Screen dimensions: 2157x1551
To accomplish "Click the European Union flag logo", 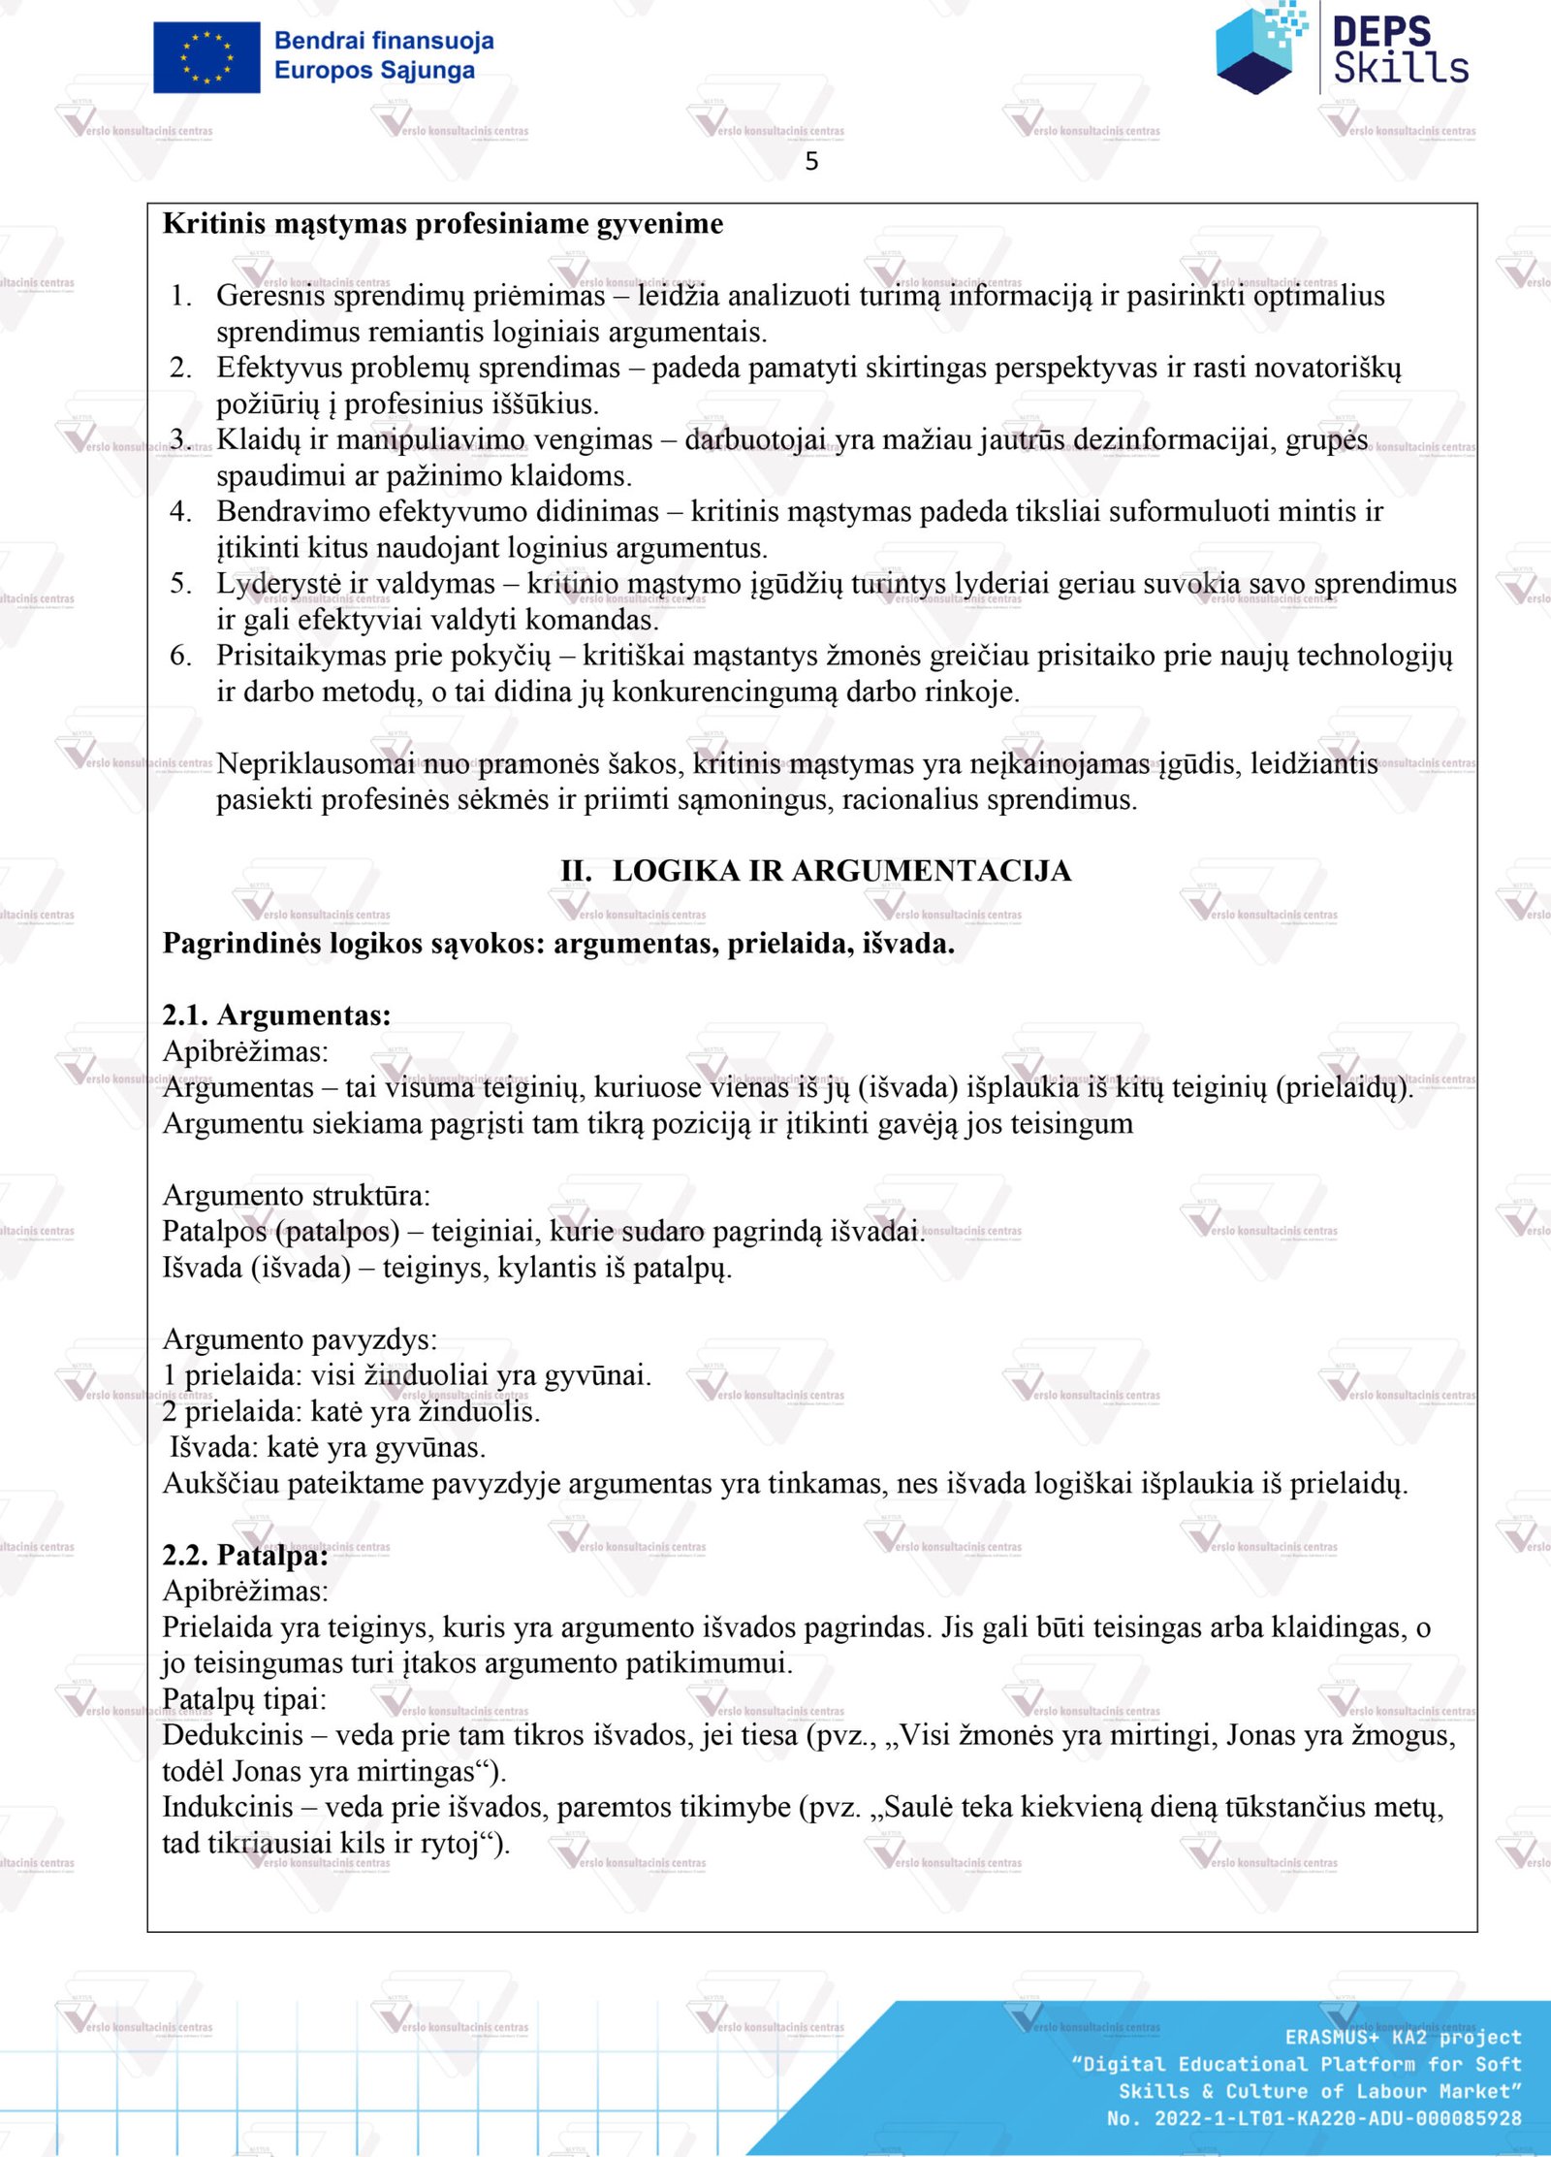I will (206, 57).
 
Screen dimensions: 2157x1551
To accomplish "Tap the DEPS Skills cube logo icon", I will (1259, 49).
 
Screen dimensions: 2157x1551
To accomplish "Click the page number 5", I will (811, 161).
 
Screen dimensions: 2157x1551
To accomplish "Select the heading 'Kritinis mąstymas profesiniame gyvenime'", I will (443, 224).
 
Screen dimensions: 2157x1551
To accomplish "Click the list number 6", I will (180, 656).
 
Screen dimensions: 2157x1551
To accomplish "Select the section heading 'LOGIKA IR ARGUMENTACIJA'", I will (840, 871).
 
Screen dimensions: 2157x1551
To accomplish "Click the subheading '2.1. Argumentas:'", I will (277, 1015).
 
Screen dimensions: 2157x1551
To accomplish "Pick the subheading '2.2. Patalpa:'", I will (245, 1556).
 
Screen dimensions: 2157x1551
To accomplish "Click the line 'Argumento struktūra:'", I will (297, 1196).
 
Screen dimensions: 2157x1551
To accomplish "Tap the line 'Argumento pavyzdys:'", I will (300, 1339).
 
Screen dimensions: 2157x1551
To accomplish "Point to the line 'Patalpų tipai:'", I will (244, 1699).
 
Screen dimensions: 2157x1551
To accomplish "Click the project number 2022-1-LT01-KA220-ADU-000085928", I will (1338, 2119).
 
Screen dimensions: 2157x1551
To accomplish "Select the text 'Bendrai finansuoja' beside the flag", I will (384, 41).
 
